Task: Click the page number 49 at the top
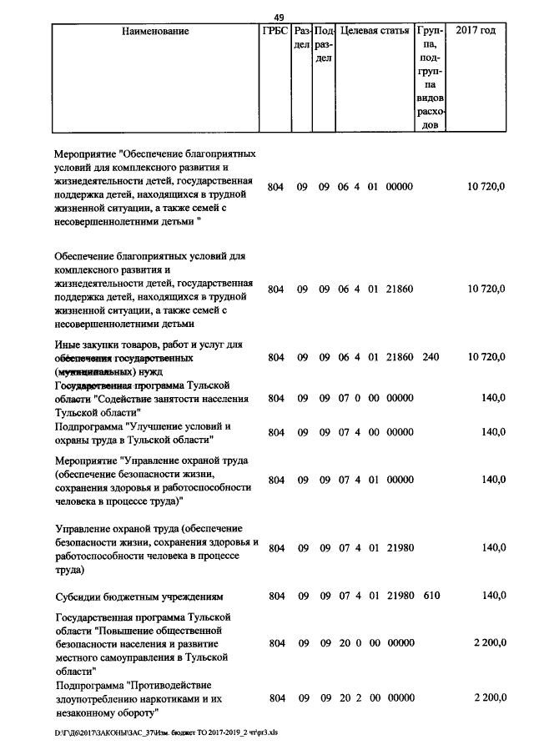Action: coord(279,16)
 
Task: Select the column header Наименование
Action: coord(155,32)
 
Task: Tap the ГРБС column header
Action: coord(275,32)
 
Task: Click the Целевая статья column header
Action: coord(375,32)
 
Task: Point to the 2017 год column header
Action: coord(476,32)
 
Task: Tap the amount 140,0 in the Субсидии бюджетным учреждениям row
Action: coord(493,596)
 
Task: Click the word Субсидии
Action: coord(80,596)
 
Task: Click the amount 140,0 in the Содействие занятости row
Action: coord(493,399)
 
